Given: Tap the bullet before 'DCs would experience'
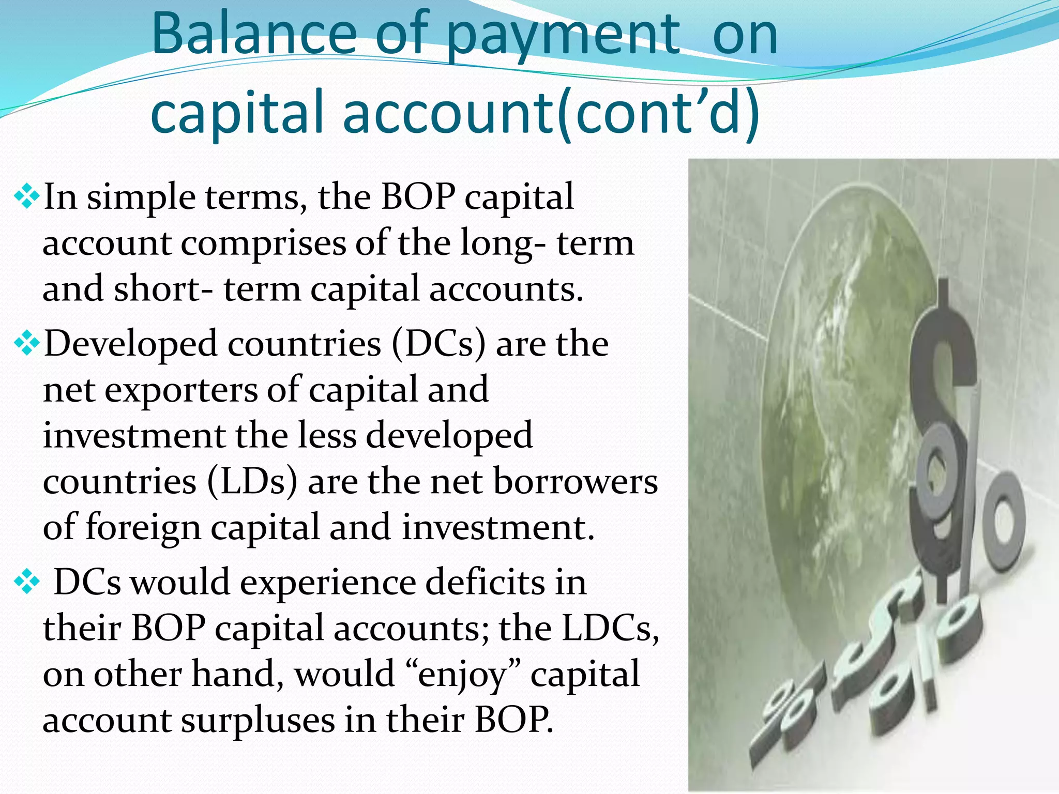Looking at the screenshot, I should [27, 583].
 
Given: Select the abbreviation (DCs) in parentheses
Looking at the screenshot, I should [438, 344].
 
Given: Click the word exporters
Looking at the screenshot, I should [181, 390].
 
